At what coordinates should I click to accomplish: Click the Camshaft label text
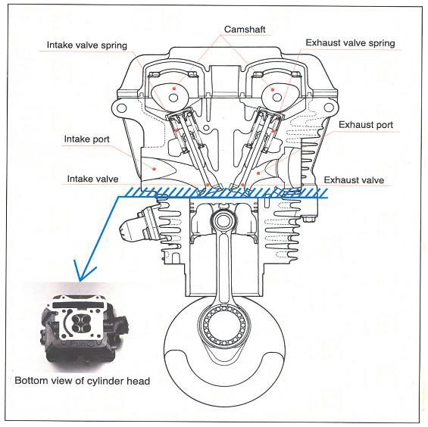(245, 30)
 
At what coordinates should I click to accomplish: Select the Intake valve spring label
(87, 45)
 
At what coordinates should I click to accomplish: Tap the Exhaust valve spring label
(350, 43)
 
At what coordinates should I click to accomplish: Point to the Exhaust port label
(366, 125)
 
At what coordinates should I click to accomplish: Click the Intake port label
(86, 139)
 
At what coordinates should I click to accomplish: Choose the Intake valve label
(92, 179)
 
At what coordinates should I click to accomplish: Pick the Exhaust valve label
(354, 180)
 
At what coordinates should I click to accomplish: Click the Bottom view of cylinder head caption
(82, 381)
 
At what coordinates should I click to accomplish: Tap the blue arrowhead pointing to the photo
(82, 273)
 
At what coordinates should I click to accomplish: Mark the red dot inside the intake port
(155, 169)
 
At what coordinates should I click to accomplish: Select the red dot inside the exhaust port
(258, 173)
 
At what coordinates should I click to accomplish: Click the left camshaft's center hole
(173, 98)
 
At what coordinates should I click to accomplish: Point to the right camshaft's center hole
(277, 98)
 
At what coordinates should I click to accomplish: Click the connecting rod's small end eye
(223, 221)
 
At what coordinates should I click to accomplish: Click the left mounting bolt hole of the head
(122, 108)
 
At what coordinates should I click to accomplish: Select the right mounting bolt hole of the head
(329, 108)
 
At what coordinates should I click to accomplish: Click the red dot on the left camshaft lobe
(174, 89)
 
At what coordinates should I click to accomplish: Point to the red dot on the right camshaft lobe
(273, 90)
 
